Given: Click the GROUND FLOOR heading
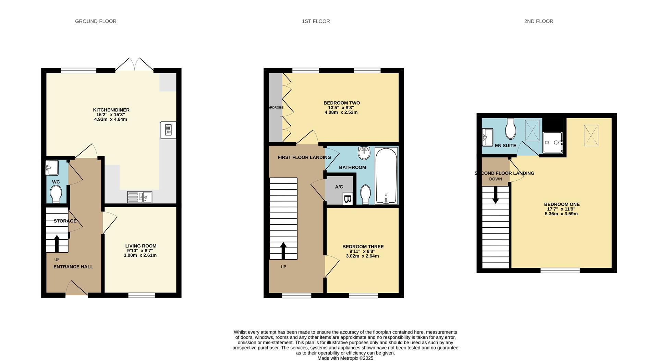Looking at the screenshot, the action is pyautogui.click(x=96, y=21).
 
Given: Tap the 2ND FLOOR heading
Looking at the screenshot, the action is pyautogui.click(x=538, y=21).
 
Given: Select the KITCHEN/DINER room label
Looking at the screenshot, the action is pyautogui.click(x=111, y=110).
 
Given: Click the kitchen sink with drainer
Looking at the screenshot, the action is pyautogui.click(x=140, y=197).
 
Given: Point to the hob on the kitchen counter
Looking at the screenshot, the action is pyautogui.click(x=168, y=130).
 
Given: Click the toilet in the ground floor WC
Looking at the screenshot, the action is pyautogui.click(x=56, y=194).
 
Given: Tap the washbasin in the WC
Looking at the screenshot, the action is pyautogui.click(x=52, y=168).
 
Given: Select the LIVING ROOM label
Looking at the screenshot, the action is pyautogui.click(x=141, y=246).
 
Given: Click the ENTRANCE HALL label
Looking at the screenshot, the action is pyautogui.click(x=73, y=267).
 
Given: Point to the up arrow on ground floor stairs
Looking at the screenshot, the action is pyautogui.click(x=57, y=243).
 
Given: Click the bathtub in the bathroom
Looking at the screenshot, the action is pyautogui.click(x=386, y=176).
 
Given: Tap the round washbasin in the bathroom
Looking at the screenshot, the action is pyautogui.click(x=364, y=153).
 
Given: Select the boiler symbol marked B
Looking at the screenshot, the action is pyautogui.click(x=348, y=199).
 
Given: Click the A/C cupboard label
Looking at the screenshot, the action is pyautogui.click(x=339, y=187).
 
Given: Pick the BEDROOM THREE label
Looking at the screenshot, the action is pyautogui.click(x=363, y=246).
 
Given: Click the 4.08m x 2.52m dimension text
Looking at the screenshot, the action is pyautogui.click(x=341, y=112).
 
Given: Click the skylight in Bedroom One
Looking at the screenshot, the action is pyautogui.click(x=591, y=135).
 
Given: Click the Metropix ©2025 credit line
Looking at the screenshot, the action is pyautogui.click(x=345, y=358).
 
